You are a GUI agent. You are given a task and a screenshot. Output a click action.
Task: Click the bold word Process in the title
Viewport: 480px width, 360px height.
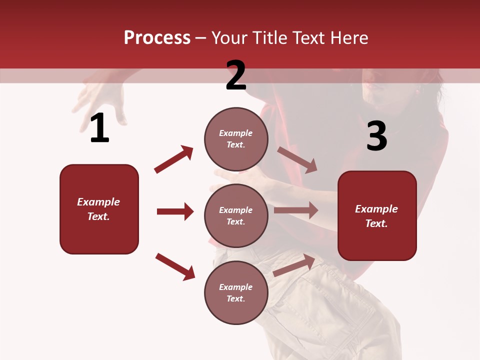157,38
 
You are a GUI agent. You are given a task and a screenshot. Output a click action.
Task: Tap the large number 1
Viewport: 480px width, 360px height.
99,129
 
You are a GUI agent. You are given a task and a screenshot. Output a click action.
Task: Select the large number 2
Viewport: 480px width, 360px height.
236,76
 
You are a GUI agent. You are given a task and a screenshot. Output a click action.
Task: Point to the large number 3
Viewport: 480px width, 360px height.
376,136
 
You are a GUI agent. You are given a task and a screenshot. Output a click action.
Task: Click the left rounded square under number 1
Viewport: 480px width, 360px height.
99,209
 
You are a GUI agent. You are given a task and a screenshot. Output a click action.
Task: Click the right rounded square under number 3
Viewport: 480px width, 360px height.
377,216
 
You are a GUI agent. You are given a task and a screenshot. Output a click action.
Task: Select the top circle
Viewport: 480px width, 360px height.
236,139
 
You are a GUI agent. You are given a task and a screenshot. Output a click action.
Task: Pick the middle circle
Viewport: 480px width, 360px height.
236,216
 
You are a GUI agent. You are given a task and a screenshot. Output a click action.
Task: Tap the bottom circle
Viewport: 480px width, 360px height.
236,293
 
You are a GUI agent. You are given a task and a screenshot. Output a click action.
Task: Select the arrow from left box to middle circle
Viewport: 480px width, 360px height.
175,211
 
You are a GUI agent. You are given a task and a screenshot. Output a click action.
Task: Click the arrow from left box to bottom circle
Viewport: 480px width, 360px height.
175,266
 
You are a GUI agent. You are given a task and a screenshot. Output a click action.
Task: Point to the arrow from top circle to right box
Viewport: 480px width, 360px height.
297,160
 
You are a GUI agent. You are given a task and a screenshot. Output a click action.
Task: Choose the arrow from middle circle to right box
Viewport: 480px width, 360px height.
296,210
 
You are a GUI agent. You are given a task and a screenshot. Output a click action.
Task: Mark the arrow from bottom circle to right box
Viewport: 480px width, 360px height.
294,265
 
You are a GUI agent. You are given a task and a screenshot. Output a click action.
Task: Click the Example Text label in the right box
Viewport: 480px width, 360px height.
376,216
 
